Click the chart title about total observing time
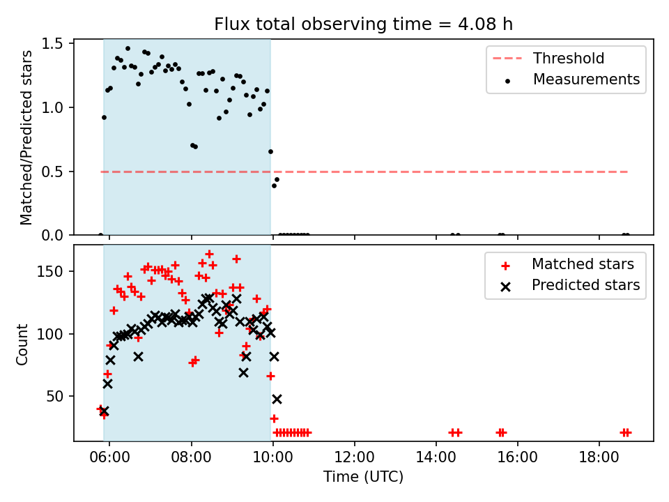click(363, 24)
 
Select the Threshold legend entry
click(548, 58)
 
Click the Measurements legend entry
click(573, 79)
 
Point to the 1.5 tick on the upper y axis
click(52, 43)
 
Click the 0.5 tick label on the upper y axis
click(52, 172)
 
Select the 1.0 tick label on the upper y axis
click(52, 107)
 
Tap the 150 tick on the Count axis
click(50, 271)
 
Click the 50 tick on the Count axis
click(54, 397)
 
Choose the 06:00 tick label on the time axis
click(109, 457)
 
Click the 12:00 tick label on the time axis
click(354, 457)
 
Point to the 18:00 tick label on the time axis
click(599, 457)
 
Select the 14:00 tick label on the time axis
click(436, 457)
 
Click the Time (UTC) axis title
click(363, 476)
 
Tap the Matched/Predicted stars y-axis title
click(26, 137)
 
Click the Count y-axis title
click(22, 344)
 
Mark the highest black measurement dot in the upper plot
click(128, 49)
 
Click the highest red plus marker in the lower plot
click(209, 254)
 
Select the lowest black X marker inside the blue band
click(104, 411)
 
